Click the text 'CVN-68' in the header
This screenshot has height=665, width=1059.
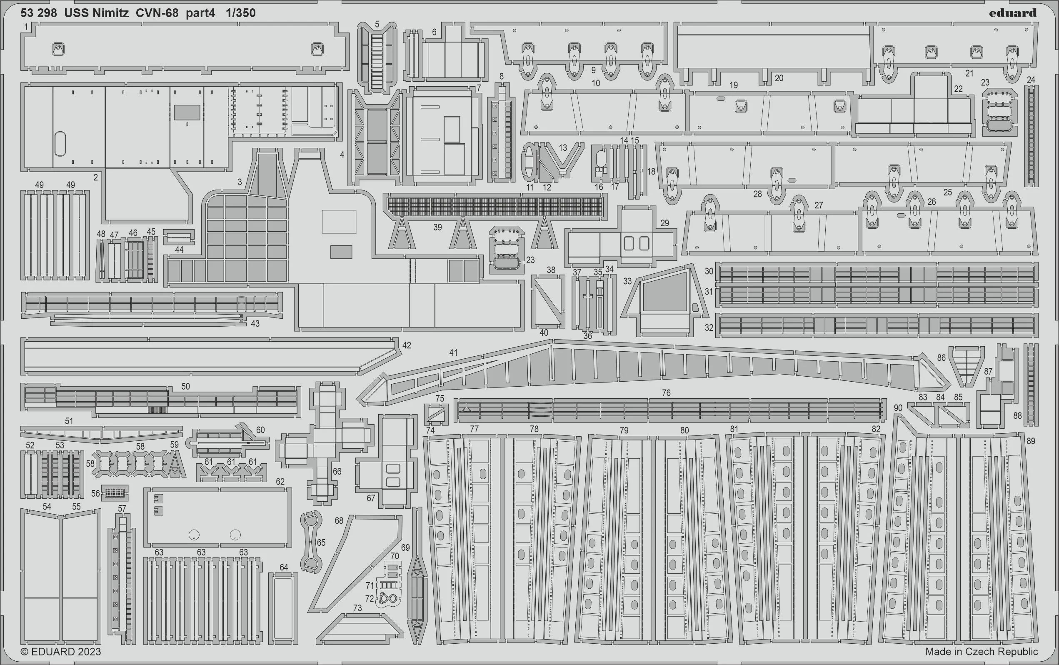[x=157, y=13]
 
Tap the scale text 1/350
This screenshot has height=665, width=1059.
[x=240, y=13]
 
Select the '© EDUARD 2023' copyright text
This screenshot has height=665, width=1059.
[x=61, y=651]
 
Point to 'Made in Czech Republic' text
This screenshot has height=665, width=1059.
[x=982, y=651]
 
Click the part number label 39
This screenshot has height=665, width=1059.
[x=437, y=227]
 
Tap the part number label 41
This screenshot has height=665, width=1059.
[x=453, y=352]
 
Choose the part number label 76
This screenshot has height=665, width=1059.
[x=666, y=392]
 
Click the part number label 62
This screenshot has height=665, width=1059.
[x=280, y=482]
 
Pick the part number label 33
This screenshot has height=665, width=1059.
[x=627, y=281]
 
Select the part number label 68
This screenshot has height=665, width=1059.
[x=339, y=521]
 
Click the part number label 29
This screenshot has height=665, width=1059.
[x=664, y=223]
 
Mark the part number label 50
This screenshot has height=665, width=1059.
[x=185, y=386]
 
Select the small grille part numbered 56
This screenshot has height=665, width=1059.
[x=115, y=493]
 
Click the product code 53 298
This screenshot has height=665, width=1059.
[x=39, y=13]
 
